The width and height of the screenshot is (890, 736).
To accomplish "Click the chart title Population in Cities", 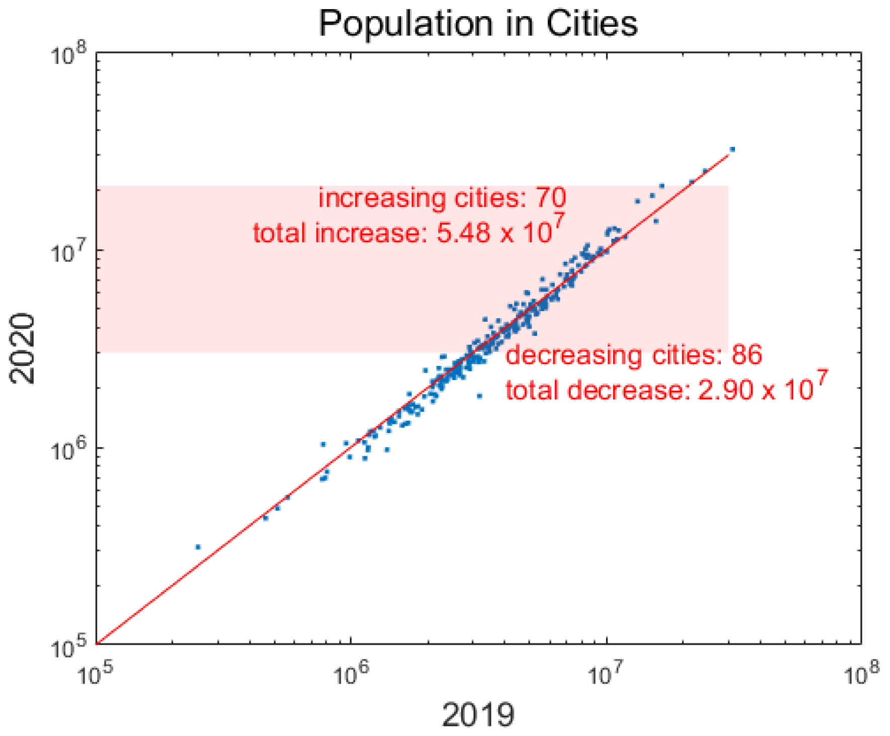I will click(x=478, y=23).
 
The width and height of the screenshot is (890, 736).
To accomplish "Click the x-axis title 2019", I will click(x=478, y=714).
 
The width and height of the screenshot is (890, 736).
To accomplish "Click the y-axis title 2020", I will click(x=22, y=348).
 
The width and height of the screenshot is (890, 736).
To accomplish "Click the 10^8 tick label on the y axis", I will click(x=68, y=54).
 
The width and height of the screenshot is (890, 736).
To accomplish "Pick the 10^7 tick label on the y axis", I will click(x=68, y=252).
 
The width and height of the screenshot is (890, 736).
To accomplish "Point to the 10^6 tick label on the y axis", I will click(x=68, y=450).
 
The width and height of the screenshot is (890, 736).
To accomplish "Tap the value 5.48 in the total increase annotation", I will click(x=463, y=234).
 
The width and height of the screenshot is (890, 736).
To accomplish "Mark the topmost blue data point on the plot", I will click(x=732, y=150).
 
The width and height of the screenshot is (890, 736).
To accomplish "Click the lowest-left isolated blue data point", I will click(x=198, y=547).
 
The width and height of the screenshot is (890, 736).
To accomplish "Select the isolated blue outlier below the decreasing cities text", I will click(x=479, y=396).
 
